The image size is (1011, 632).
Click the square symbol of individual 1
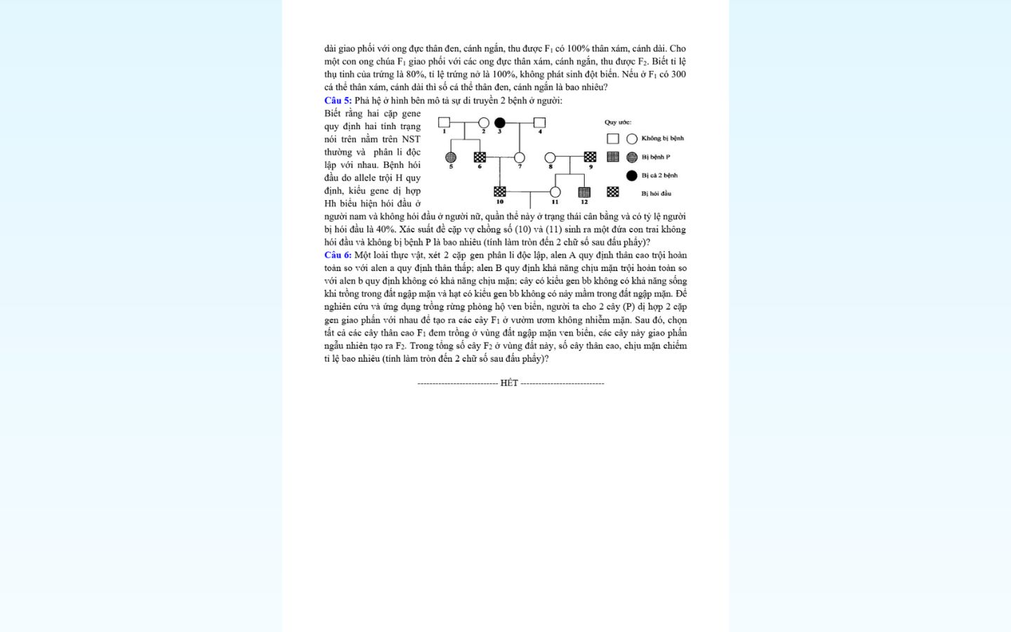[444, 123]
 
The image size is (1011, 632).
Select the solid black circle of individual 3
[500, 123]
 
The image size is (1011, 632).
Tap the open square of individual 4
[539, 123]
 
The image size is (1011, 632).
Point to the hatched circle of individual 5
[451, 157]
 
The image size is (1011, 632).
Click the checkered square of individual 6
[480, 157]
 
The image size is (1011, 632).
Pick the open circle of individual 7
[520, 157]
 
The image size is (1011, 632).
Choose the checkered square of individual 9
[590, 157]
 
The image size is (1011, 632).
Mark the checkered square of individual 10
[500, 192]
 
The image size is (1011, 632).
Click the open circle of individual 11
[555, 192]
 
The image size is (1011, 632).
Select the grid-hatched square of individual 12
[584, 192]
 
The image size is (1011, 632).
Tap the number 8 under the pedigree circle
[550, 167]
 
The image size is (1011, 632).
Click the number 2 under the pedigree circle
[483, 132]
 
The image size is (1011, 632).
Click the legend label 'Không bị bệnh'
[662, 138]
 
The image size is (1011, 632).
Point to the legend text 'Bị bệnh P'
[656, 157]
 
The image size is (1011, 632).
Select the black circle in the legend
[632, 176]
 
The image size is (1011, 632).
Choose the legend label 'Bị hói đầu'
[656, 194]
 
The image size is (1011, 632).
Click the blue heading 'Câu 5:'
[338, 100]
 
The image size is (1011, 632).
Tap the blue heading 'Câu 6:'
[338, 255]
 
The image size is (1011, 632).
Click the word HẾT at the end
[509, 383]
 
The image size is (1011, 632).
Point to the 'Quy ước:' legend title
[618, 122]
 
